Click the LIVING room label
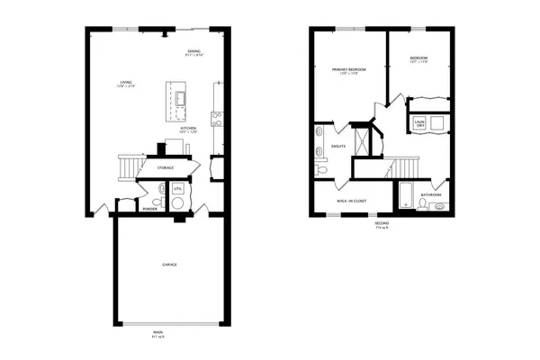point(127,84)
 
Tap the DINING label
point(194,51)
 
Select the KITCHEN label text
point(188,129)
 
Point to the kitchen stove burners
point(216,116)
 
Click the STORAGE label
point(166,167)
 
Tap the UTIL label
point(178,189)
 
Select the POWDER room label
point(149,210)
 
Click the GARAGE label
point(169,265)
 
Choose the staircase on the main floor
point(130,166)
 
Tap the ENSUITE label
point(339,146)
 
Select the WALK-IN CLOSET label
point(351,201)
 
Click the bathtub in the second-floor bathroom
point(404,195)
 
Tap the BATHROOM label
point(431,194)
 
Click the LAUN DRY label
point(419,122)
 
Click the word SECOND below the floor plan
point(382,224)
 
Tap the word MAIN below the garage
point(158,331)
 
